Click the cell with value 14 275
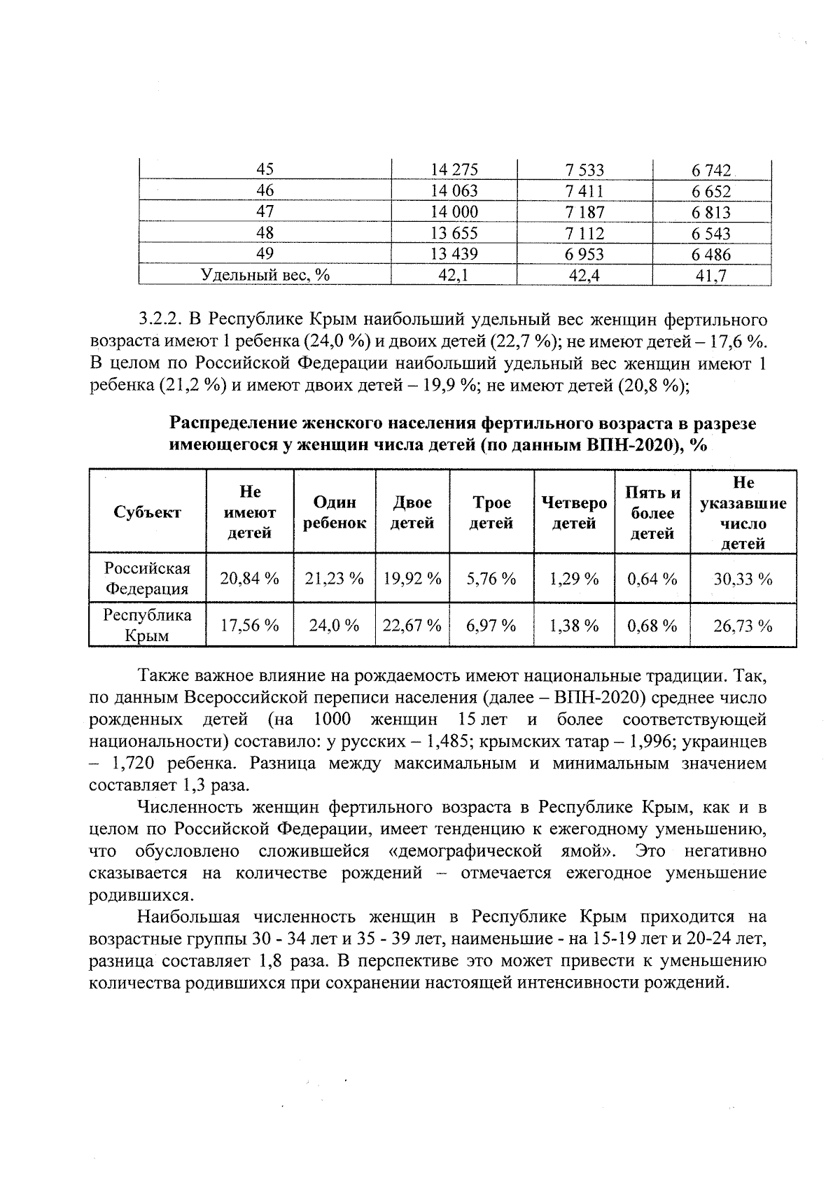click(454, 170)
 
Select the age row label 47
click(265, 212)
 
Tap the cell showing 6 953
click(584, 255)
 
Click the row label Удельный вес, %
click(265, 276)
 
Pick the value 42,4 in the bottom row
click(584, 276)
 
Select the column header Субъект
click(147, 512)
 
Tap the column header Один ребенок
click(335, 512)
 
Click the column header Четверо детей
click(574, 512)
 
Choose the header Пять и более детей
click(652, 513)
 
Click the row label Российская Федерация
click(147, 578)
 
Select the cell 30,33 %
click(743, 579)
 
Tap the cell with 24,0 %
click(335, 626)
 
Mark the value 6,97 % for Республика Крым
click(491, 626)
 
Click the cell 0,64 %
click(652, 579)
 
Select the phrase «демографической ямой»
click(500, 851)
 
